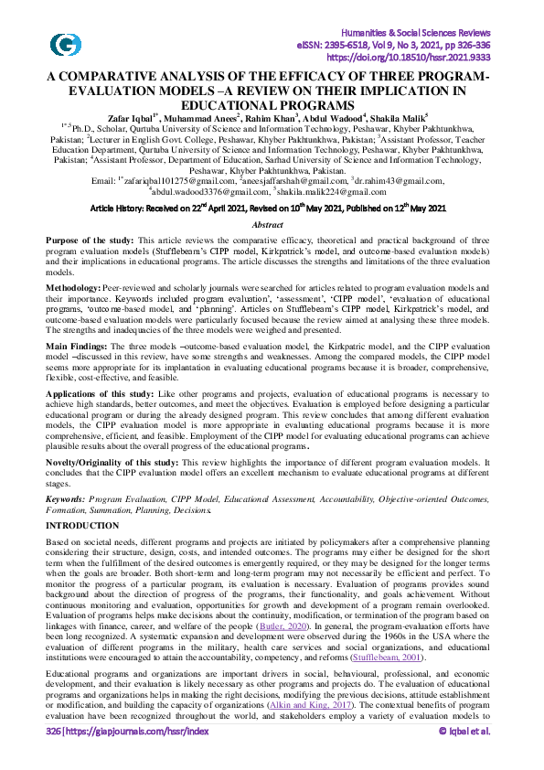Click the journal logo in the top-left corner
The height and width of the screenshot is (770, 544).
tap(66, 44)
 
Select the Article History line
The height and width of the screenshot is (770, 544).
tap(268, 209)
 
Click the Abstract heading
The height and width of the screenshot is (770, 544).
tap(267, 225)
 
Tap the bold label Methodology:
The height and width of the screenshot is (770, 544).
tap(74, 288)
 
